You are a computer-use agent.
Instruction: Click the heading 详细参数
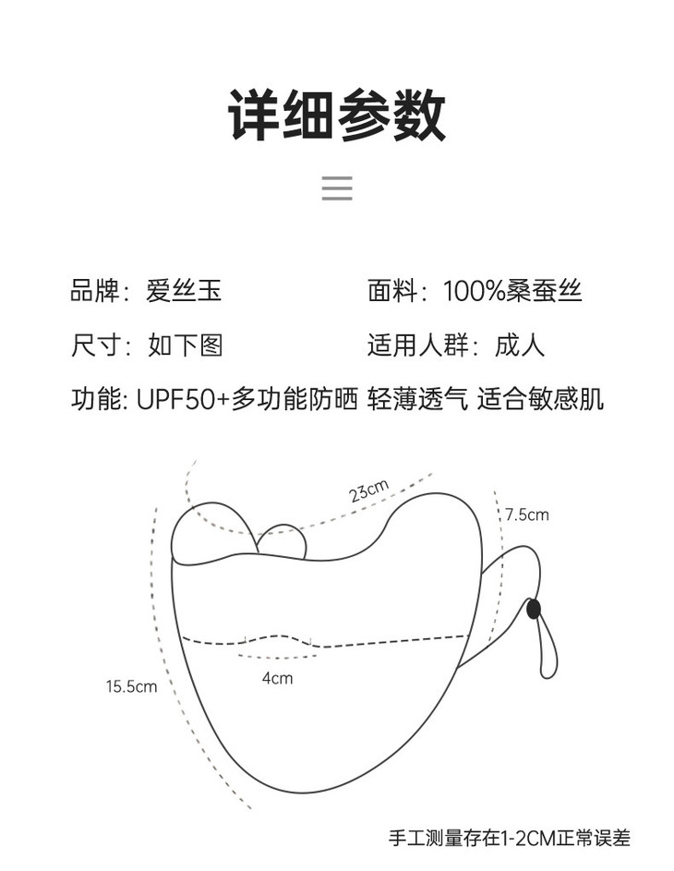click(337, 115)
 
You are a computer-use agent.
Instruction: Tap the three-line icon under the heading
click(337, 188)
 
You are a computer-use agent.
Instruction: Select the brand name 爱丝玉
click(184, 292)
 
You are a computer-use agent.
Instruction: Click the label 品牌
click(96, 292)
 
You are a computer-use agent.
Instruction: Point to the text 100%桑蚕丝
click(512, 292)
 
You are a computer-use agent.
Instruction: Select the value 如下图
click(185, 345)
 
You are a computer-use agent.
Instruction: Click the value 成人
click(520, 345)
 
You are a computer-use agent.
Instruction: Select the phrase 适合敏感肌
click(540, 399)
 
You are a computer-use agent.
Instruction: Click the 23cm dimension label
click(368, 491)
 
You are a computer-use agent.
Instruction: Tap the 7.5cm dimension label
click(526, 514)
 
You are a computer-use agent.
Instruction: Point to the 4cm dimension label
click(277, 678)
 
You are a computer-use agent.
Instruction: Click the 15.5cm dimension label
click(131, 686)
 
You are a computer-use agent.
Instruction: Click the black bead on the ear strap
click(534, 609)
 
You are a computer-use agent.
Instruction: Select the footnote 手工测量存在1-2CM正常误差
click(509, 839)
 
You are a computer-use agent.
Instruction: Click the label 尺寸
click(96, 345)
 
